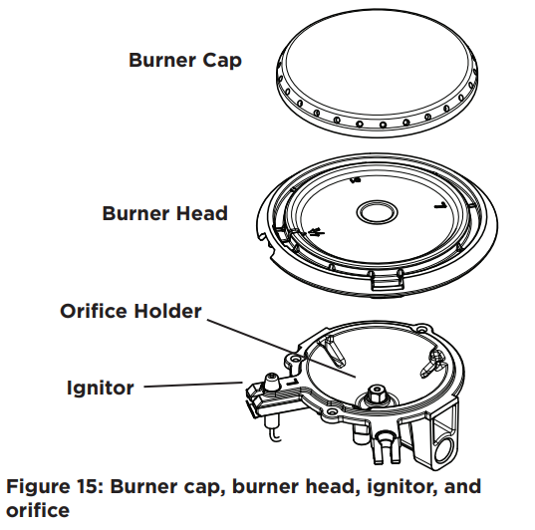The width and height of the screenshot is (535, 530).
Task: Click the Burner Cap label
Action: (x=185, y=61)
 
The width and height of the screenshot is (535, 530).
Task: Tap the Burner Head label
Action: (x=165, y=213)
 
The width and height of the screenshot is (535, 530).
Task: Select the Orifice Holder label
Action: (x=132, y=311)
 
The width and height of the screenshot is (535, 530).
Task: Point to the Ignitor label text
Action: (x=101, y=388)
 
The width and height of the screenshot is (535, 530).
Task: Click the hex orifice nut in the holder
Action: (x=377, y=396)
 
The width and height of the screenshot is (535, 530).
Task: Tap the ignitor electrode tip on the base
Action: (x=272, y=382)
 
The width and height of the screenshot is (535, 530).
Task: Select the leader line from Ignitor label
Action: (x=193, y=385)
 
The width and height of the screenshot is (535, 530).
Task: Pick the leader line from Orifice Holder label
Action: (x=282, y=349)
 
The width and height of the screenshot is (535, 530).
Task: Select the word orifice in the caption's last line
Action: (x=38, y=510)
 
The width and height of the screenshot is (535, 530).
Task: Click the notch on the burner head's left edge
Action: (x=264, y=236)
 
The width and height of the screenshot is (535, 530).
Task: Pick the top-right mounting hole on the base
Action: (x=422, y=330)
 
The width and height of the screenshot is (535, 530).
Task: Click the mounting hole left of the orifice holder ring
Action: (x=295, y=359)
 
